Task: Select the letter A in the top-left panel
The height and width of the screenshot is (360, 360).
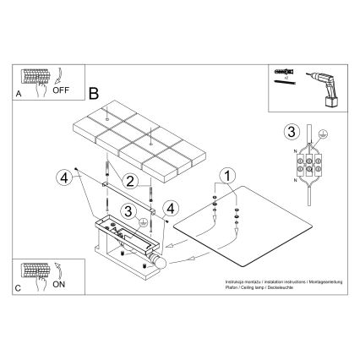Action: click(20, 96)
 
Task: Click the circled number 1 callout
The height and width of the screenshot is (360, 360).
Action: click(224, 176)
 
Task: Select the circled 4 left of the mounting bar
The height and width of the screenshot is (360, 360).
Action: click(63, 177)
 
